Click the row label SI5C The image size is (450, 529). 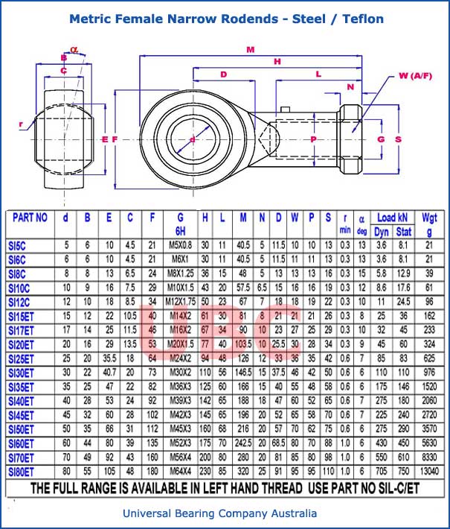[19, 244]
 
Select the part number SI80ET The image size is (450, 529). [22, 471]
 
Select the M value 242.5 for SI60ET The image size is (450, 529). [242, 443]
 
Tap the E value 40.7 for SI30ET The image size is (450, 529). [109, 372]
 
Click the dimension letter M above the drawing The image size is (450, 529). [250, 50]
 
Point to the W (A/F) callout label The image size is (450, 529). [415, 76]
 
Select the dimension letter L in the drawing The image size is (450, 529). [318, 74]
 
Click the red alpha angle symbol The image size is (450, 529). [74, 50]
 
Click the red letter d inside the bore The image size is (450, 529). [192, 139]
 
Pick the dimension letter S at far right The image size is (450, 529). [398, 139]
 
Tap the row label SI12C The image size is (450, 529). [20, 301]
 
